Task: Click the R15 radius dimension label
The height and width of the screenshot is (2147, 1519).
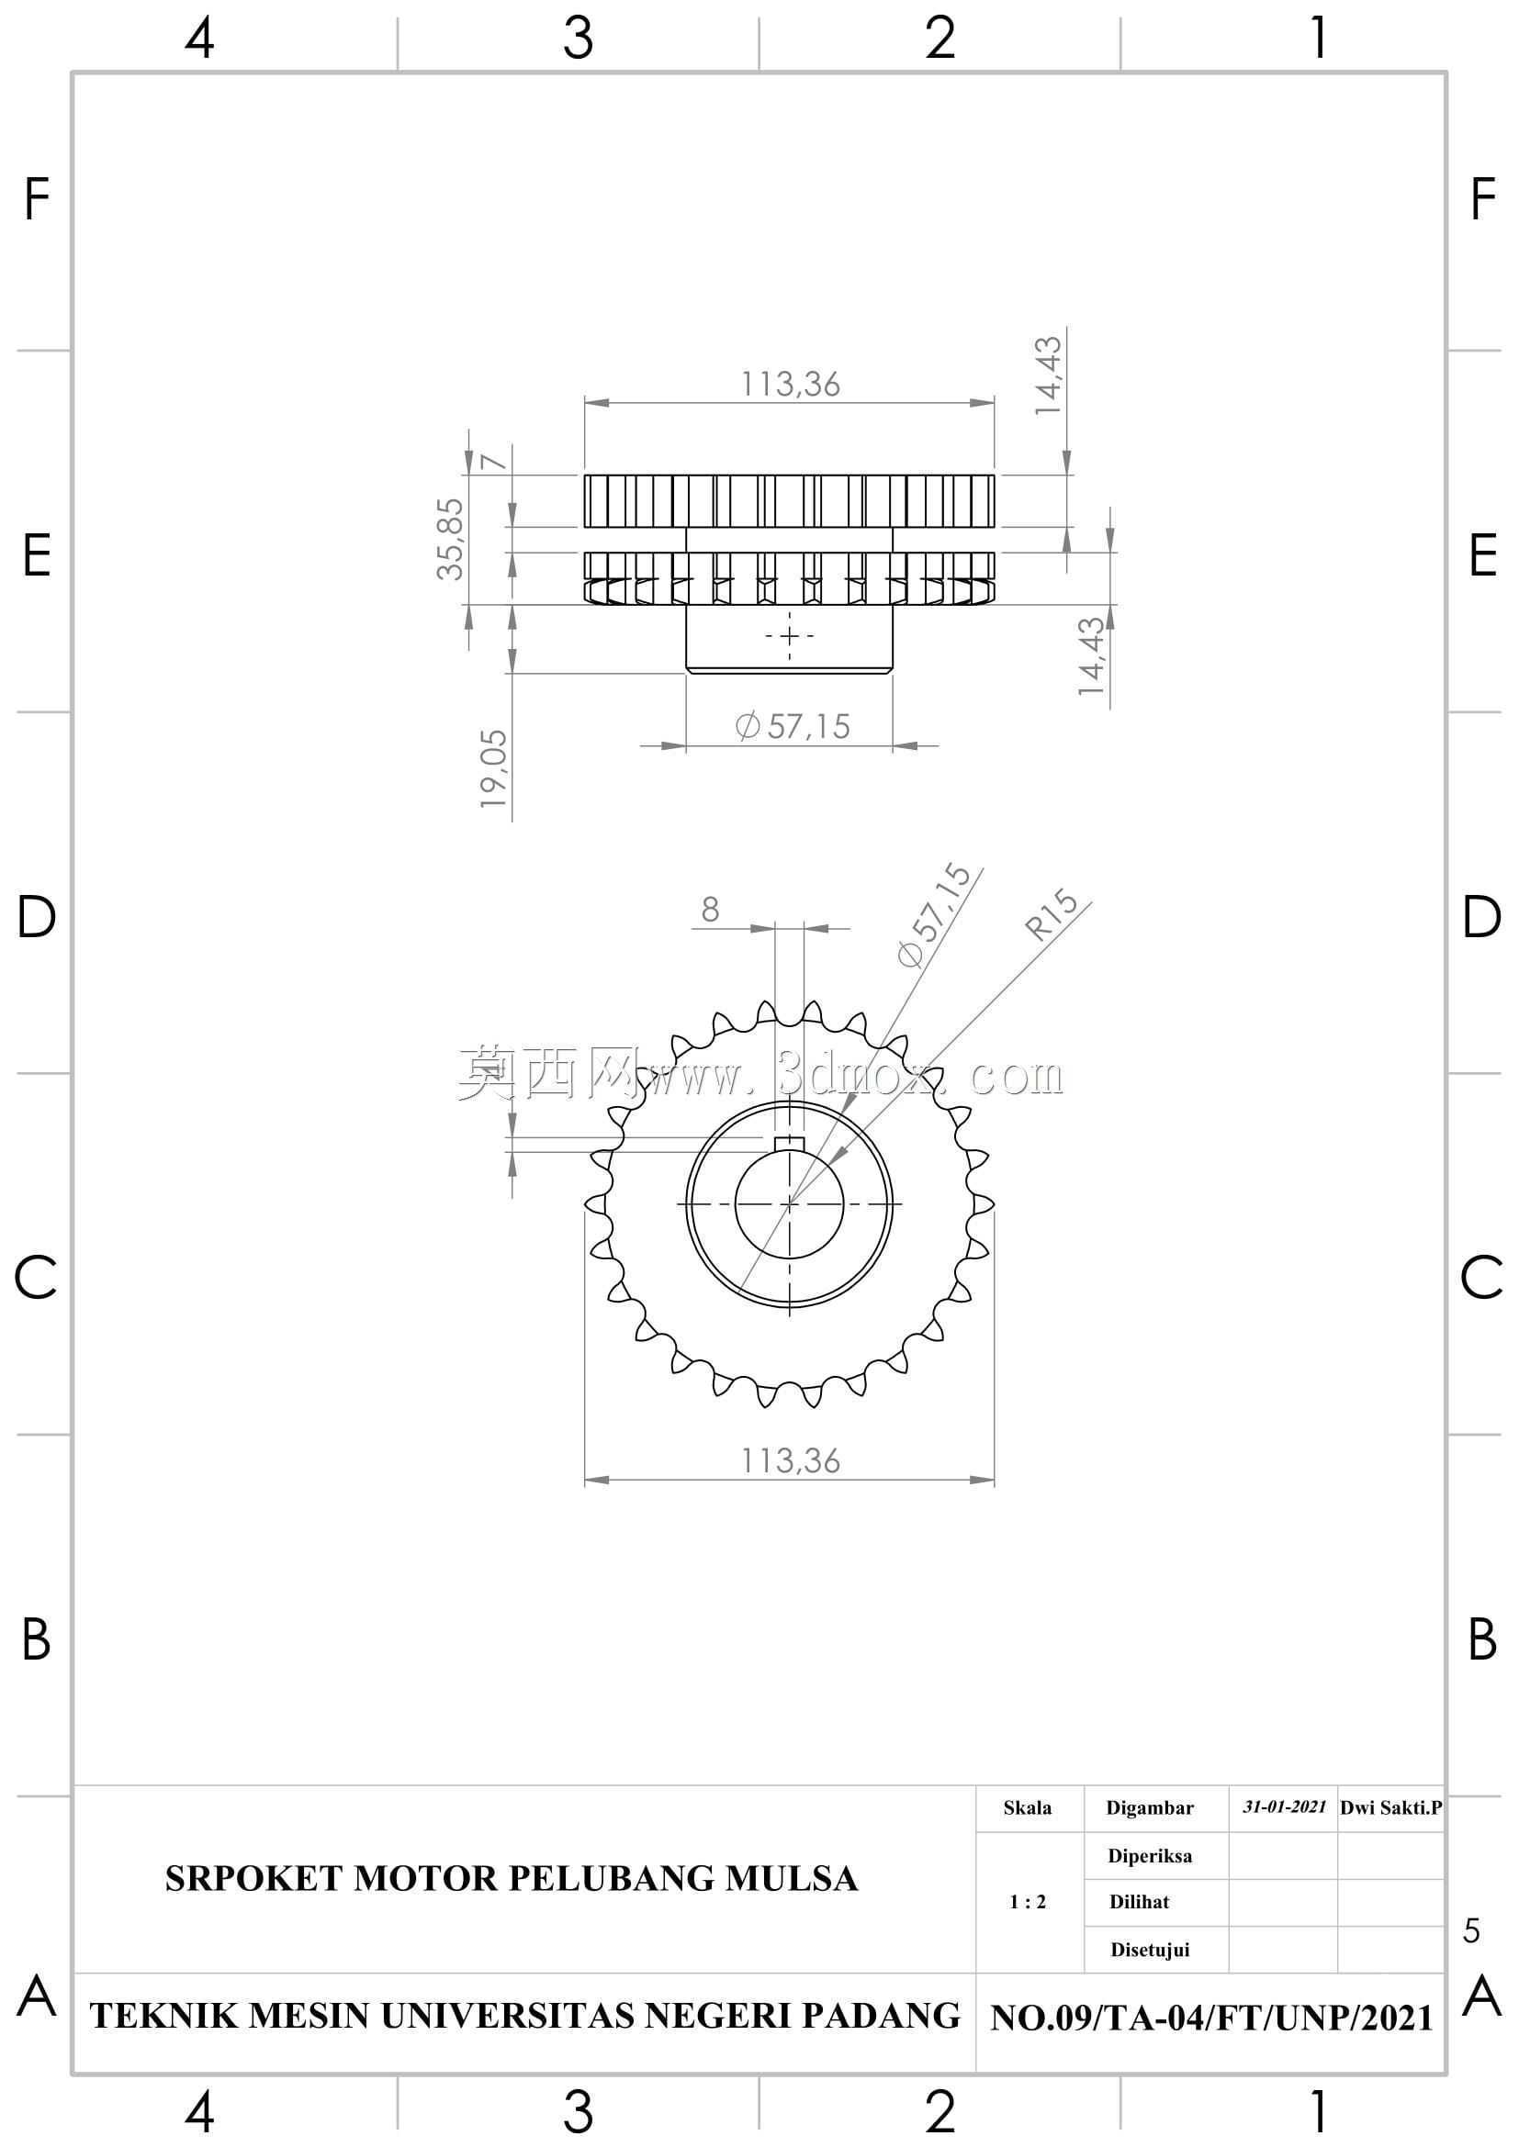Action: tap(1052, 913)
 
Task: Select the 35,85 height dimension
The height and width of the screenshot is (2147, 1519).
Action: tap(450, 539)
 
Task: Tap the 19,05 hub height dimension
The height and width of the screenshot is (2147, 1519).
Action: tap(493, 769)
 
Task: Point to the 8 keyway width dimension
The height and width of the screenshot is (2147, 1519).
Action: tap(710, 909)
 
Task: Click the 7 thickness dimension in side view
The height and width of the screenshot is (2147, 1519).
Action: tap(493, 461)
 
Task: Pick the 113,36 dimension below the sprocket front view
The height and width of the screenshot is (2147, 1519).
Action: tap(791, 1460)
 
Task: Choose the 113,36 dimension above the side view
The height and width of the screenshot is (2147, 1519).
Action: tap(791, 385)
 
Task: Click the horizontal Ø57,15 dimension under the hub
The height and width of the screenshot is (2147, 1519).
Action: tap(793, 727)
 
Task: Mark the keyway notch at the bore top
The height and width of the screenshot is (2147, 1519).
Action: tap(790, 1143)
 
